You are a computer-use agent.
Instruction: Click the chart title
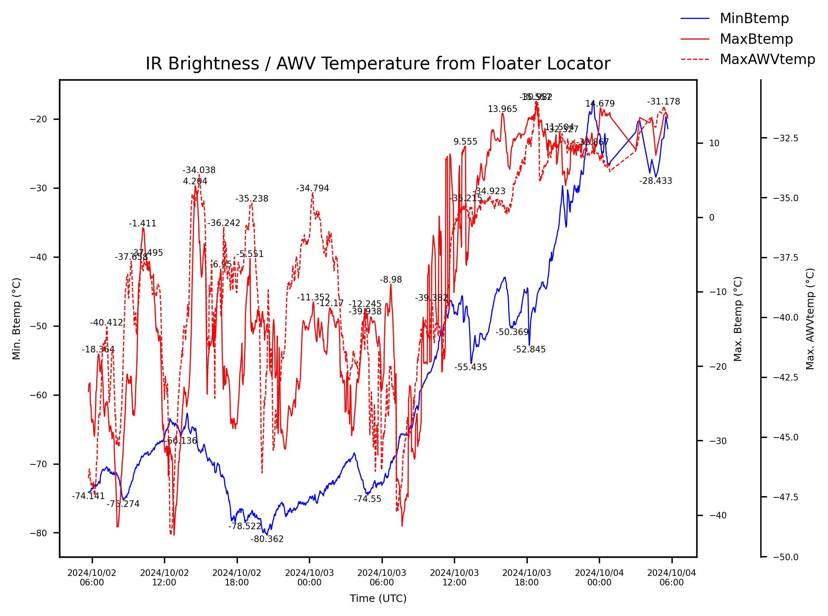378,64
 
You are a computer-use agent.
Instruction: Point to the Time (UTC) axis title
378,599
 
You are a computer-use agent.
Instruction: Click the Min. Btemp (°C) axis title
17,319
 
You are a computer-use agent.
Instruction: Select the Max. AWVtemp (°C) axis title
810,319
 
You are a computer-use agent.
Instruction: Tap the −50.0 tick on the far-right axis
785,557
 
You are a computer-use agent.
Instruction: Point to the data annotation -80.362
267,539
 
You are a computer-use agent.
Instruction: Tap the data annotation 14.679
600,104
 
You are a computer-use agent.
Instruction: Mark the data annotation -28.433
655,181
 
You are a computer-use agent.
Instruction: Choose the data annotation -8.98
391,280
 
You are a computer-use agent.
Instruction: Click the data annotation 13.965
502,109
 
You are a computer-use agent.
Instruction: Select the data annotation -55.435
470,367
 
